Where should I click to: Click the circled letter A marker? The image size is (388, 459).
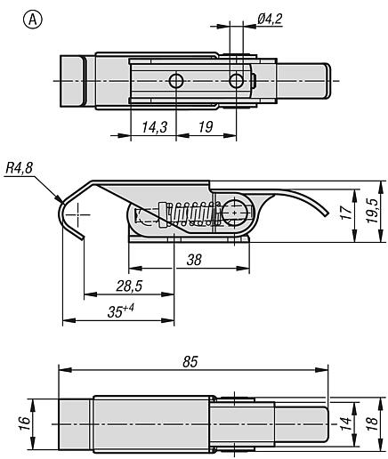click(x=33, y=20)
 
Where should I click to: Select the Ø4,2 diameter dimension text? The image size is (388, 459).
click(x=270, y=19)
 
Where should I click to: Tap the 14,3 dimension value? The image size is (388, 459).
click(x=155, y=127)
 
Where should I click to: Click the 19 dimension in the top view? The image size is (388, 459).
click(x=206, y=127)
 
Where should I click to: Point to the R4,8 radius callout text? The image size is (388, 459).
click(x=19, y=168)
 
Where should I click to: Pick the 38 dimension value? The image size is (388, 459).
click(x=194, y=260)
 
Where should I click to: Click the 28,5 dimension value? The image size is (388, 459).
click(x=129, y=286)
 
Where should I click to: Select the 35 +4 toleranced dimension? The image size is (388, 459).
click(x=121, y=310)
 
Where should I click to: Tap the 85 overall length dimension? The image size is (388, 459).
click(x=190, y=362)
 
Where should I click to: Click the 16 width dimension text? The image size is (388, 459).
click(x=24, y=423)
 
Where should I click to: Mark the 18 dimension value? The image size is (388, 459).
click(x=372, y=424)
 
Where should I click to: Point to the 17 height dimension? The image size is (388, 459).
click(x=346, y=213)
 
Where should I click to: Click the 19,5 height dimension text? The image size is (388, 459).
click(x=372, y=211)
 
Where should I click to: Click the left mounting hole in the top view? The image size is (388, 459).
click(x=176, y=81)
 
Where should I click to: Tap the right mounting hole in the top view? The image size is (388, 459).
click(x=236, y=81)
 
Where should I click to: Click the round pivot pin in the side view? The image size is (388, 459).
click(x=235, y=213)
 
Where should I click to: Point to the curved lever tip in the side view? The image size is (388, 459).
click(x=326, y=213)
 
